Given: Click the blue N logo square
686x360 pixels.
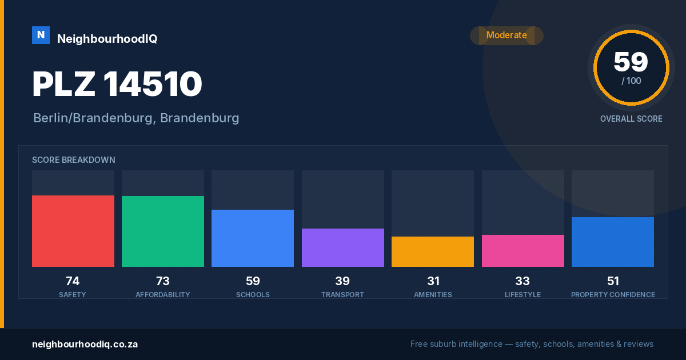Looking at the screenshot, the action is pos(41,35).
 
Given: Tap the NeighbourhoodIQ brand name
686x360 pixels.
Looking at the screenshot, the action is pos(107,39).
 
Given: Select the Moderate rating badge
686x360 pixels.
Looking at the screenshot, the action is pos(506,35).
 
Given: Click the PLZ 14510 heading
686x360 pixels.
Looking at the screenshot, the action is pos(117,84).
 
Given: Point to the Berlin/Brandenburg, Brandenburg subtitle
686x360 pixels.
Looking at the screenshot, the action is pos(136,118).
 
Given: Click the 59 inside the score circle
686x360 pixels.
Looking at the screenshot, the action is pos(631,62).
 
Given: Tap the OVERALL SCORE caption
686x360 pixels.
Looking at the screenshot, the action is pos(631,119).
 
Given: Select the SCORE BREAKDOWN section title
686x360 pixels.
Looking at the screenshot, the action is pos(74,160).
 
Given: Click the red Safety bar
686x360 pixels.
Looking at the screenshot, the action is pos(73,231).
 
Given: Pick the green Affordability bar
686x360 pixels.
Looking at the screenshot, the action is pos(163,231).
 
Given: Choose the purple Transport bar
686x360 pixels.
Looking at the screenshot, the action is pos(343,247).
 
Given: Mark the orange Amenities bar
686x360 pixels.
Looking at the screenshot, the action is pos(433,251).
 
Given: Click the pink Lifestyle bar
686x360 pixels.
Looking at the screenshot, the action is pos(523,251).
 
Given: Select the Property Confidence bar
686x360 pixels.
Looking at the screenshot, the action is pos(613,242).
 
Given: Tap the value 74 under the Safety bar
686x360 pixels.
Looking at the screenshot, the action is pos(73,281).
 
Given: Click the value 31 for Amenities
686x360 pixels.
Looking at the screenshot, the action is pos(433,281).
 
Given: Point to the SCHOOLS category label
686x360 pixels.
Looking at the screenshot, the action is pos(253,294).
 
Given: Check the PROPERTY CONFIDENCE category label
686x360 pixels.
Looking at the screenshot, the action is pos(613,294).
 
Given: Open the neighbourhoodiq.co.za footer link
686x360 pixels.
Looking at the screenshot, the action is pos(85,345).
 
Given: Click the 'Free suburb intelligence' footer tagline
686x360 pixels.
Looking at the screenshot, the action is pos(532,344).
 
